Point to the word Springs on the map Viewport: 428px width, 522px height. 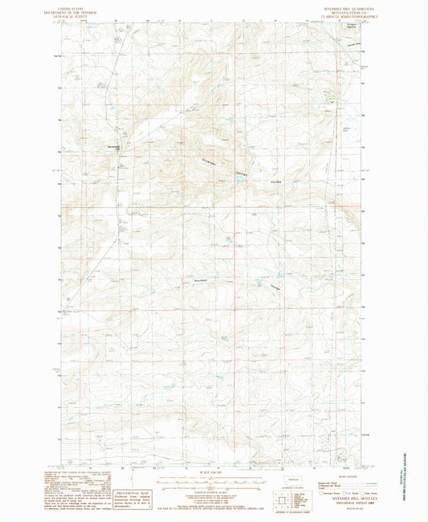point(245,174)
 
